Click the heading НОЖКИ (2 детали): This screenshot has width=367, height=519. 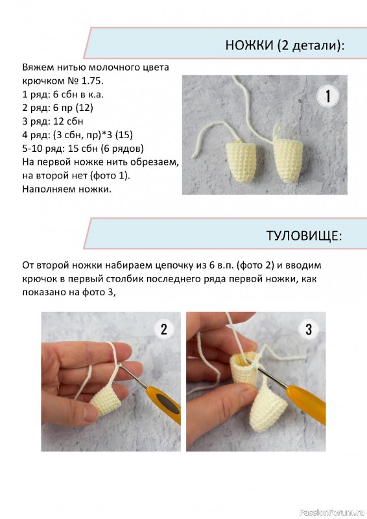coord(285,45)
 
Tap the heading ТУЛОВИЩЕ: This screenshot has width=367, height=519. coord(304,235)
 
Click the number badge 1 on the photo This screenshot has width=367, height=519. coord(327,96)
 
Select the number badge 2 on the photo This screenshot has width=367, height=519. coord(164,330)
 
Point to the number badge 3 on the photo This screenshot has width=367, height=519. coord(309,330)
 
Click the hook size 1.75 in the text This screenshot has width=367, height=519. coord(92,80)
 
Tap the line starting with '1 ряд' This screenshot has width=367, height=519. coord(63,94)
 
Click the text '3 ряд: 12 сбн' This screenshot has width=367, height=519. coord(53,121)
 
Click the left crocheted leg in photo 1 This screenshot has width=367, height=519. coord(241,160)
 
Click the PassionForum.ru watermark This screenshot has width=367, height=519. coord(332,513)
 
